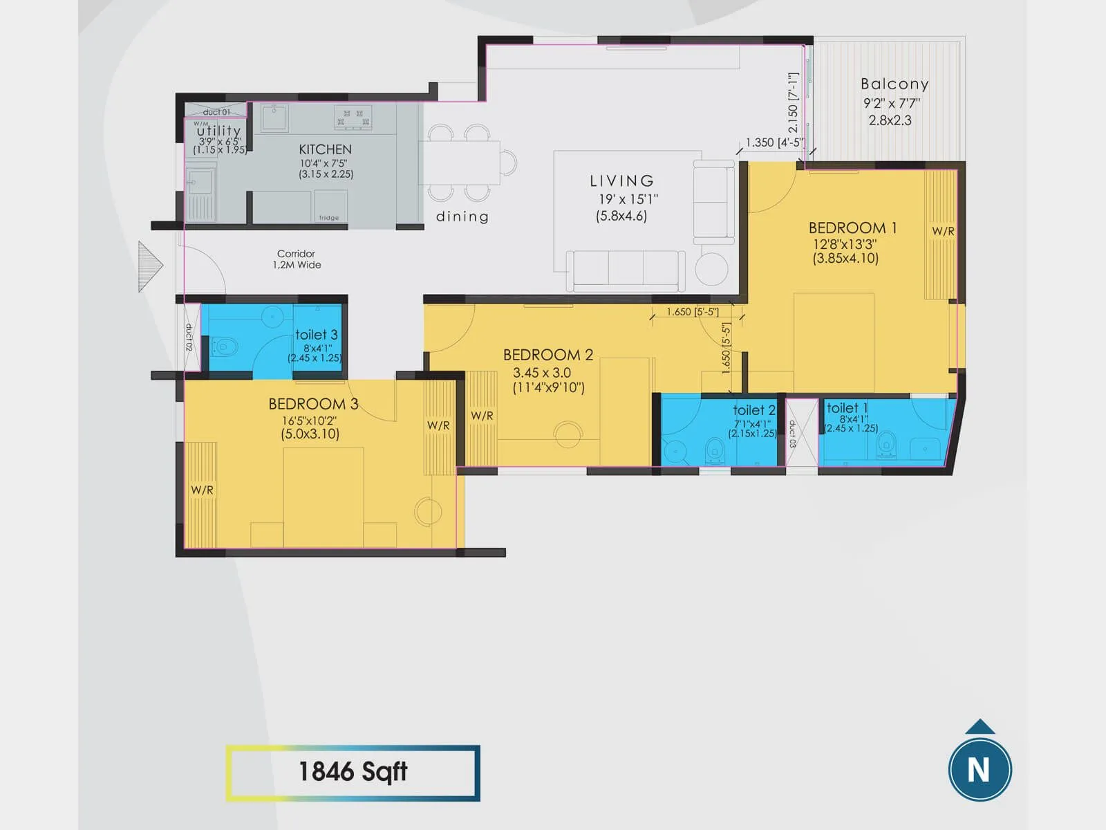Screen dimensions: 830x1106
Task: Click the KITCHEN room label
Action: (x=325, y=149)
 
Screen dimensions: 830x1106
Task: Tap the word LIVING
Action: (x=621, y=181)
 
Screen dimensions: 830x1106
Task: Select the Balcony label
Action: (x=894, y=84)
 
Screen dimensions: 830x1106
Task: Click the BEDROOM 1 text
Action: (x=852, y=228)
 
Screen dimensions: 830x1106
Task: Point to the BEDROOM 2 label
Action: (x=547, y=355)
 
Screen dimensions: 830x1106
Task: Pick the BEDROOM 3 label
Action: (x=313, y=404)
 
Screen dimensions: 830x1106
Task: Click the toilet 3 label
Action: (x=316, y=335)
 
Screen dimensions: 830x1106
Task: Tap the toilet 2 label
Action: (x=753, y=410)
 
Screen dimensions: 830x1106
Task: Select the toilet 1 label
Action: (x=847, y=408)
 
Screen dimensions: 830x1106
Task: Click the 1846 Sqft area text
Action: (x=353, y=772)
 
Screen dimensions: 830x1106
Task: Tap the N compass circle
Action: (x=979, y=770)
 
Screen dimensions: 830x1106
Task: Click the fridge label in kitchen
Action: (x=329, y=218)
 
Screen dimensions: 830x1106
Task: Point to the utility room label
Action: (x=218, y=130)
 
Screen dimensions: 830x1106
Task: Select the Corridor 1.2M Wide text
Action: (x=297, y=259)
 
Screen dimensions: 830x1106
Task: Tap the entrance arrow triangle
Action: (x=149, y=266)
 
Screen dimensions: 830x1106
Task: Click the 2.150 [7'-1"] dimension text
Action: (x=793, y=103)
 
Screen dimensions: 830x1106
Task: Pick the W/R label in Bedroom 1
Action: (x=943, y=232)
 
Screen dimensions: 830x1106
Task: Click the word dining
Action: (x=462, y=216)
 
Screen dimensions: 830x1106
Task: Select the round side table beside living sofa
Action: (x=711, y=269)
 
